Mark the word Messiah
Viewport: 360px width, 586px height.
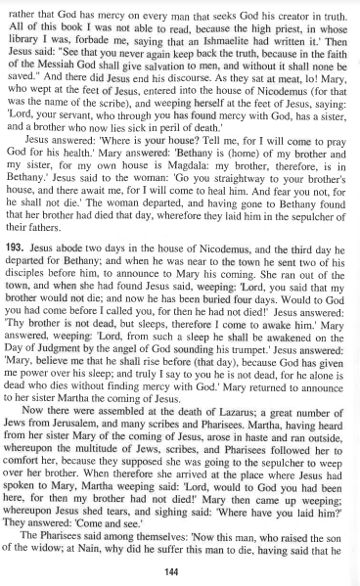(x=77, y=78)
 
